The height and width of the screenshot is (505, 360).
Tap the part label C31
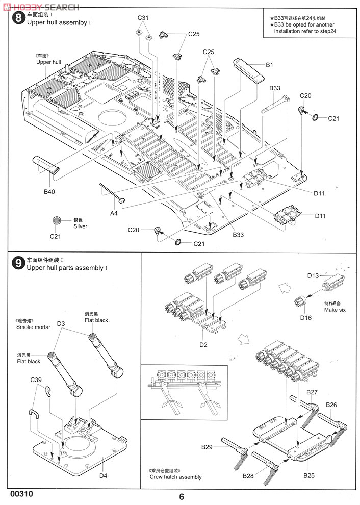coord(143,18)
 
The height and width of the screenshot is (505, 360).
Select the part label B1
coord(270,65)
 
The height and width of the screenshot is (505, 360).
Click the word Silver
coord(80,226)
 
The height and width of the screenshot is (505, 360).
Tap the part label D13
coord(313,275)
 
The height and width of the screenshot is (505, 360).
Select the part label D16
coord(305,317)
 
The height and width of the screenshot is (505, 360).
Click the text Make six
coord(335,310)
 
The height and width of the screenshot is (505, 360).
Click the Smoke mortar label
coord(33,327)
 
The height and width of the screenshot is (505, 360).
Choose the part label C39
coord(36,380)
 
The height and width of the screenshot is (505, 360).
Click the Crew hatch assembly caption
coord(175,477)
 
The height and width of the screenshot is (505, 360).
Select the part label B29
coord(207,447)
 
